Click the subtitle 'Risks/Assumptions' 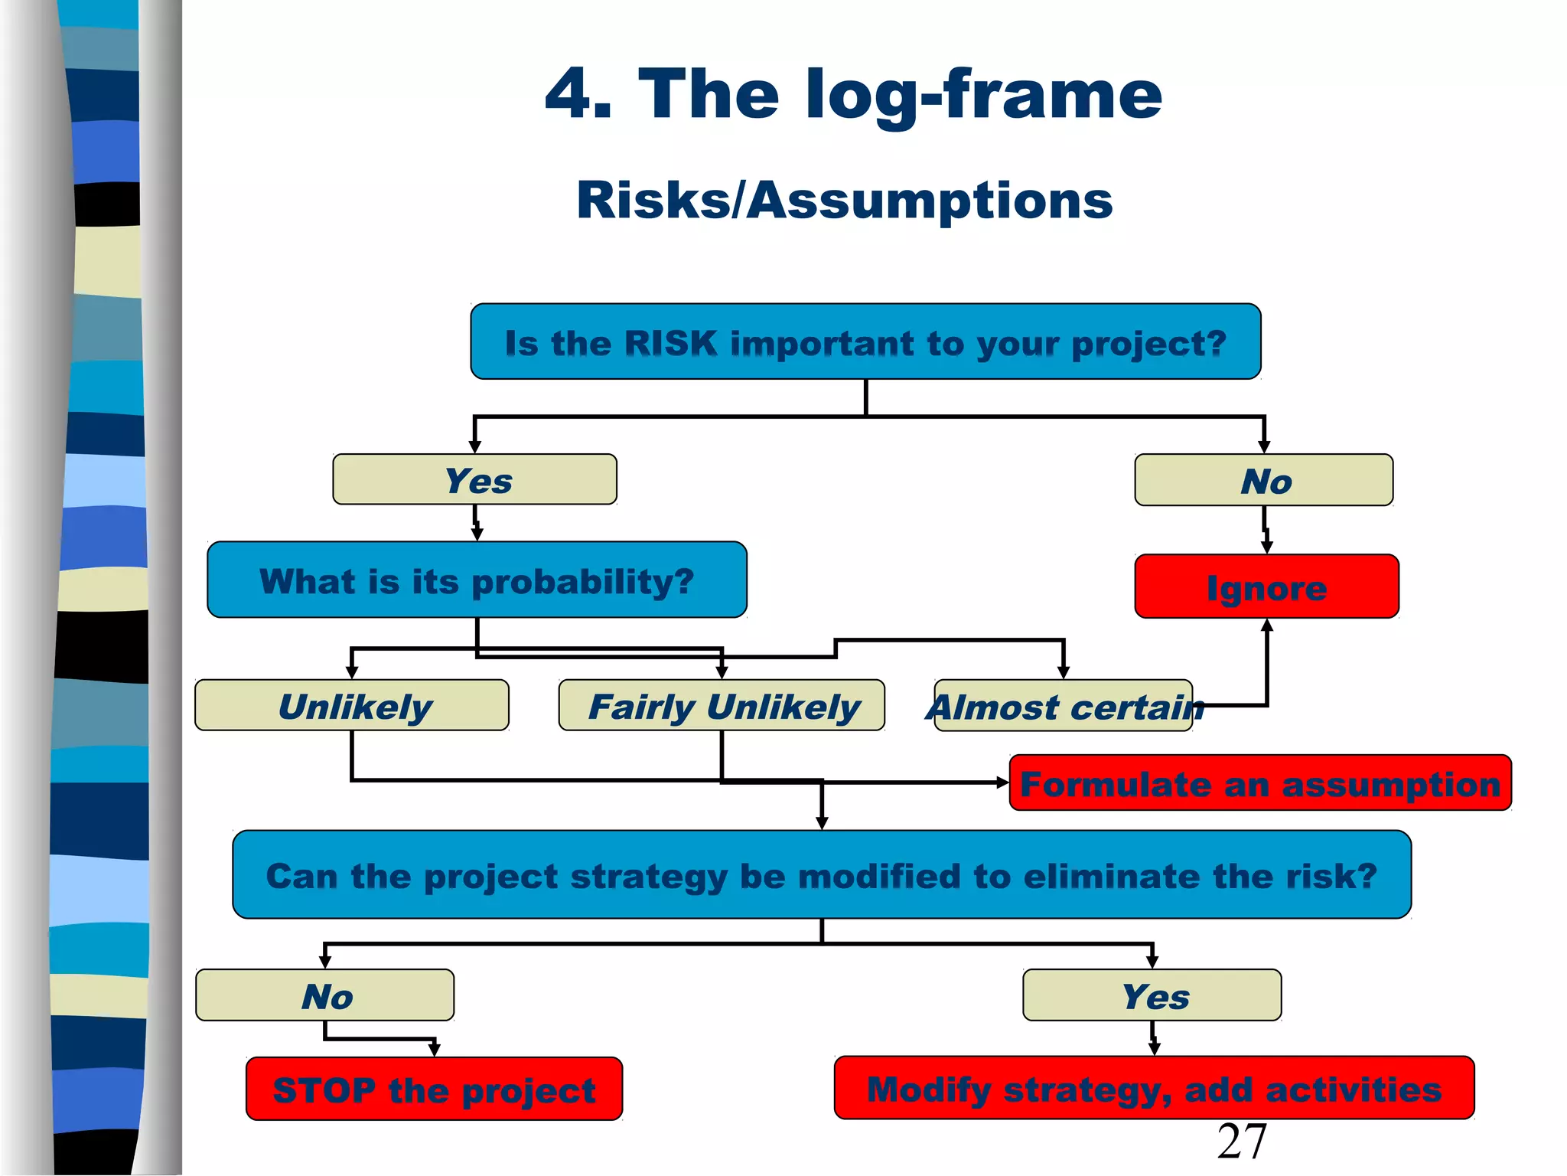pos(844,201)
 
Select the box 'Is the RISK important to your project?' pos(865,342)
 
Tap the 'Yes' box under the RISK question pos(475,480)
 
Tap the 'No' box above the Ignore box pos(1264,481)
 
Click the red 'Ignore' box pos(1266,587)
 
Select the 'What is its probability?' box pos(477,580)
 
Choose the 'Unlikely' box pos(353,705)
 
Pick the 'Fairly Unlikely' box pos(722,705)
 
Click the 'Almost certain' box pos(1064,706)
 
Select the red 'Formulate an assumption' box pos(1260,783)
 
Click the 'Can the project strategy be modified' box pos(822,875)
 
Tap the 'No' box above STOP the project pos(326,996)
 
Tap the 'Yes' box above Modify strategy pos(1152,996)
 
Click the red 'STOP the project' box pos(434,1089)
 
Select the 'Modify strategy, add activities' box pos(1154,1089)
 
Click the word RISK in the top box pos(670,343)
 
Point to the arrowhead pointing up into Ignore pos(1267,626)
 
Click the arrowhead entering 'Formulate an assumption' pos(1003,782)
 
